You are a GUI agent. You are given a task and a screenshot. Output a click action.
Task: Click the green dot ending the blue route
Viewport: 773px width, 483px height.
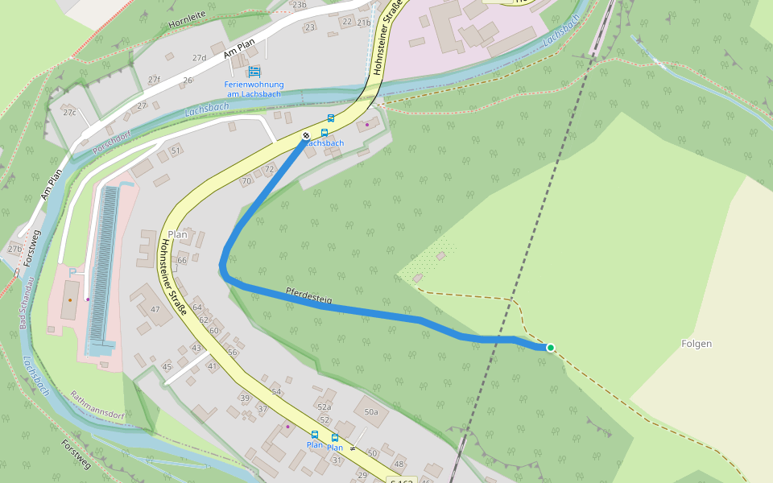click(x=551, y=348)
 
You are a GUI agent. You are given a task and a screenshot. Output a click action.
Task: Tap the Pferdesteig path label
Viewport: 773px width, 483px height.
click(x=308, y=295)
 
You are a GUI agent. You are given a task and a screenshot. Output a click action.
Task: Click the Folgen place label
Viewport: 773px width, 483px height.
click(x=697, y=344)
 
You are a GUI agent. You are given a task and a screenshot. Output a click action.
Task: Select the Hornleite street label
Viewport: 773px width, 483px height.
click(x=188, y=23)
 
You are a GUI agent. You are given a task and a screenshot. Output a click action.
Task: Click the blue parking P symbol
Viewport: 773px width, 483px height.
click(x=72, y=274)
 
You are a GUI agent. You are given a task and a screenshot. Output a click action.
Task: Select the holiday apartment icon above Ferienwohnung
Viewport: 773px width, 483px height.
click(x=254, y=72)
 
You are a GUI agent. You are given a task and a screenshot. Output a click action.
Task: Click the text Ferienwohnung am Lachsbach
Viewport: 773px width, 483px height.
click(x=254, y=89)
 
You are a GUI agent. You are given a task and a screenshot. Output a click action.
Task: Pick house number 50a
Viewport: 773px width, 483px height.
click(x=370, y=412)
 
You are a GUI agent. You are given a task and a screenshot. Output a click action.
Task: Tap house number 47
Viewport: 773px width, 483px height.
click(x=155, y=310)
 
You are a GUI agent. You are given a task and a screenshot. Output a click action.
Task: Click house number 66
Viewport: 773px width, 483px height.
click(x=182, y=260)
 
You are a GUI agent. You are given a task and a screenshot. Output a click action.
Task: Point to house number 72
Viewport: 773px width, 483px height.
click(x=269, y=169)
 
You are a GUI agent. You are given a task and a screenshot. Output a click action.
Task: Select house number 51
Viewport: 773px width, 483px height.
click(x=176, y=151)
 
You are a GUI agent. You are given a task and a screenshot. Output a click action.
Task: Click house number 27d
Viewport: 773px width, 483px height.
click(x=199, y=58)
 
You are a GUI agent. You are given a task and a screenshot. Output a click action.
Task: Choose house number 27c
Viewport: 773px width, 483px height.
click(x=69, y=112)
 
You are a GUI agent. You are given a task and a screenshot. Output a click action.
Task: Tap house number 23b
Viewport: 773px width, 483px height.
click(x=300, y=5)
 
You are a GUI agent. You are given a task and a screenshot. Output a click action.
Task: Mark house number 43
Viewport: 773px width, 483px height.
click(x=196, y=348)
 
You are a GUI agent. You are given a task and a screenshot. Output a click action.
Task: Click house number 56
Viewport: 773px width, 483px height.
click(x=232, y=353)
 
